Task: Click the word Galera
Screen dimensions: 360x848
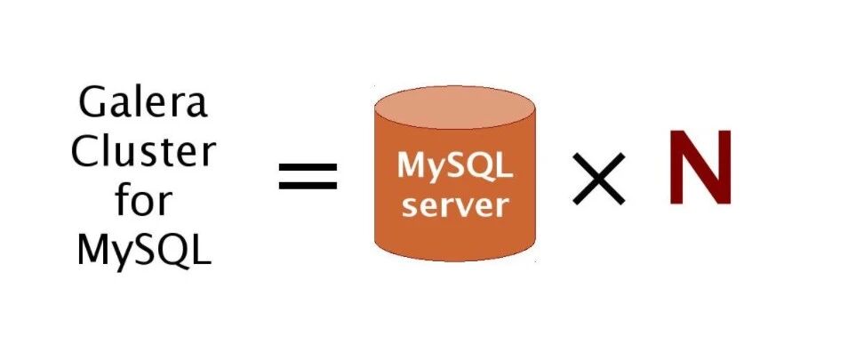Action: point(142,105)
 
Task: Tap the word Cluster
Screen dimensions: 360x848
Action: point(142,153)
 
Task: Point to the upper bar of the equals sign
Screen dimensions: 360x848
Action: point(308,167)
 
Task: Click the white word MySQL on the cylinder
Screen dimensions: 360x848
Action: point(454,166)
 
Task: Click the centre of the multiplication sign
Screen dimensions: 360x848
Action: point(597,179)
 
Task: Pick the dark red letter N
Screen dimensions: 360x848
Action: point(700,168)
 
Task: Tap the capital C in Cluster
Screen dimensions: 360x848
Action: point(85,153)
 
